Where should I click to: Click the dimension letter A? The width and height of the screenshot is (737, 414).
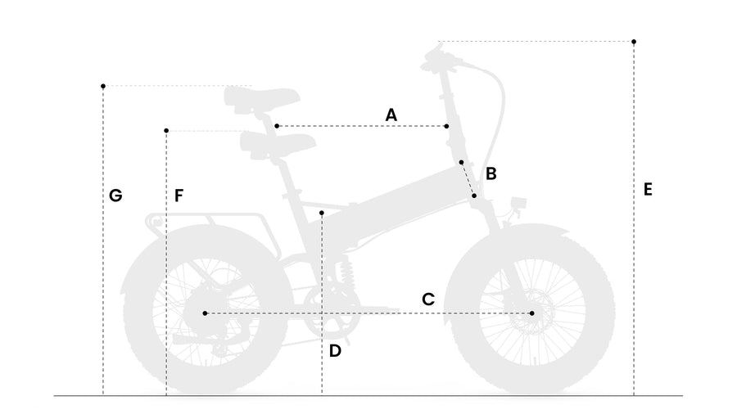coord(391,115)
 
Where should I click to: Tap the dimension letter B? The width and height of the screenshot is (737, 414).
coord(491,173)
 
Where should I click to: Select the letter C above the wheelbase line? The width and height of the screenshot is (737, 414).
coord(427,299)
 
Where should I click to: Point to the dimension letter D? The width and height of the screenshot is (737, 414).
coord(335,351)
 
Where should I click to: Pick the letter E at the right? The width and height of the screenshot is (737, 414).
coord(648,190)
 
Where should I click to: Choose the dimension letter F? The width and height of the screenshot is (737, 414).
coord(179,196)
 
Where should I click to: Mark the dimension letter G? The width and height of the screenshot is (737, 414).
coord(115,196)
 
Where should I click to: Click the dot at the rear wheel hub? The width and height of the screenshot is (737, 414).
coord(205,313)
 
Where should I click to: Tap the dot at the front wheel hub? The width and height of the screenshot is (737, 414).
coord(531,313)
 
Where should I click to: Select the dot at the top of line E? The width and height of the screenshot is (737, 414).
coord(634,42)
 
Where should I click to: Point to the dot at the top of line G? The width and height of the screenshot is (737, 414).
coord(103,86)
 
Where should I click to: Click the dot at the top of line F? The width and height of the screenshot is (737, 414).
coord(166,130)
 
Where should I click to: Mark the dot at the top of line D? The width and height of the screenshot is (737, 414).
coord(322,213)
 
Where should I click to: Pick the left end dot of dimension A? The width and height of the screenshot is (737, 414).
coord(277,126)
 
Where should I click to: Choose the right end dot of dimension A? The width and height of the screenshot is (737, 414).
coord(446,126)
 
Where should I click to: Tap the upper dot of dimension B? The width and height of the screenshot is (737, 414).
coord(461,162)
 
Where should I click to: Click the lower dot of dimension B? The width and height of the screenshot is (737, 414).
coord(474,196)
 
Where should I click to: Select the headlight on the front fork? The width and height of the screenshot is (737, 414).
coord(518,204)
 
